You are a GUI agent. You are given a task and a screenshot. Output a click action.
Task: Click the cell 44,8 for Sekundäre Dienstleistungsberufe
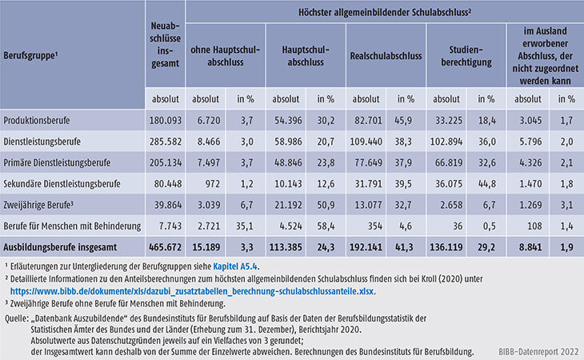(x=486, y=182)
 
